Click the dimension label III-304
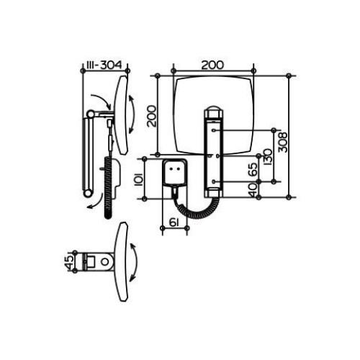tap(104, 65)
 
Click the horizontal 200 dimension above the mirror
tap(212, 65)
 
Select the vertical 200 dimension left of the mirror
tap(152, 116)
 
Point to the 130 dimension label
tap(268, 157)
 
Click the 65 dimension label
tap(253, 169)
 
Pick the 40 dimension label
tap(253, 190)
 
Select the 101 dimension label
tap(139, 179)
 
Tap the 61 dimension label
tap(174, 222)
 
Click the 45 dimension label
tap(69, 262)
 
